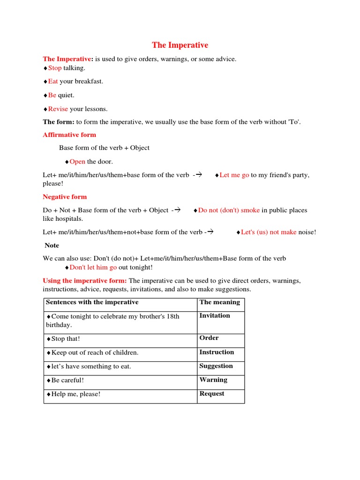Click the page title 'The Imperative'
(180, 45)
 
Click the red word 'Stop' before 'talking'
(54, 68)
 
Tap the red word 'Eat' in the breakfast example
(53, 81)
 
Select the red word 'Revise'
(58, 109)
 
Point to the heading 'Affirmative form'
(69, 135)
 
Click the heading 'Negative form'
(65, 197)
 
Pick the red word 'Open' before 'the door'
(77, 162)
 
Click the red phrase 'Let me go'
(234, 175)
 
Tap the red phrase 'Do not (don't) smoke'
(229, 210)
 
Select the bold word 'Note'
(52, 245)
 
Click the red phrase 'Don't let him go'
(93, 267)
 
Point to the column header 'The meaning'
(219, 302)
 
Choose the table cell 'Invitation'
(215, 315)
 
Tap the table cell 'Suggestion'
(216, 366)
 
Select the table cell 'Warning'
(213, 380)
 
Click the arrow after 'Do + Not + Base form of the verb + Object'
(177, 210)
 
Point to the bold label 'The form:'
(59, 122)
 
